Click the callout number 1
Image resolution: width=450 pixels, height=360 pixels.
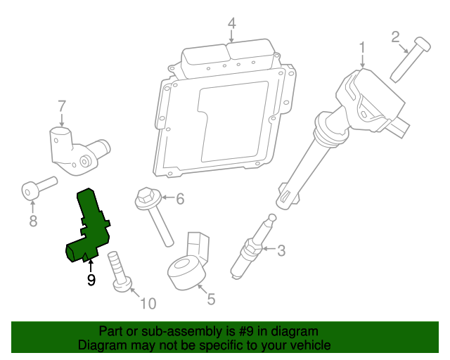pyautogui.click(x=362, y=47)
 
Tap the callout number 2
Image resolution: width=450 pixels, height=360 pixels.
pyautogui.click(x=395, y=36)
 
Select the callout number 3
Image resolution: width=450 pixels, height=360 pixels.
pyautogui.click(x=281, y=250)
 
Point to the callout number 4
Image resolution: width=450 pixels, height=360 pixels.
pyautogui.click(x=231, y=25)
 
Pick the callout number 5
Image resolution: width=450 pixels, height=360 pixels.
pyautogui.click(x=211, y=298)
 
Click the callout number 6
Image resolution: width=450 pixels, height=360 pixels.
pyautogui.click(x=179, y=199)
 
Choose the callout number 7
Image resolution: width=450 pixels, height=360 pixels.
pyautogui.click(x=62, y=105)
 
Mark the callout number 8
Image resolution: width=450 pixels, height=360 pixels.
pyautogui.click(x=32, y=221)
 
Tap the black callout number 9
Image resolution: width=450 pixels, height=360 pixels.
pyautogui.click(x=91, y=280)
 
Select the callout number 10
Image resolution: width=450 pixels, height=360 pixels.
pyautogui.click(x=148, y=304)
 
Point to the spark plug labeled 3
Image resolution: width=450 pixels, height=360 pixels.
pyautogui.click(x=252, y=246)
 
